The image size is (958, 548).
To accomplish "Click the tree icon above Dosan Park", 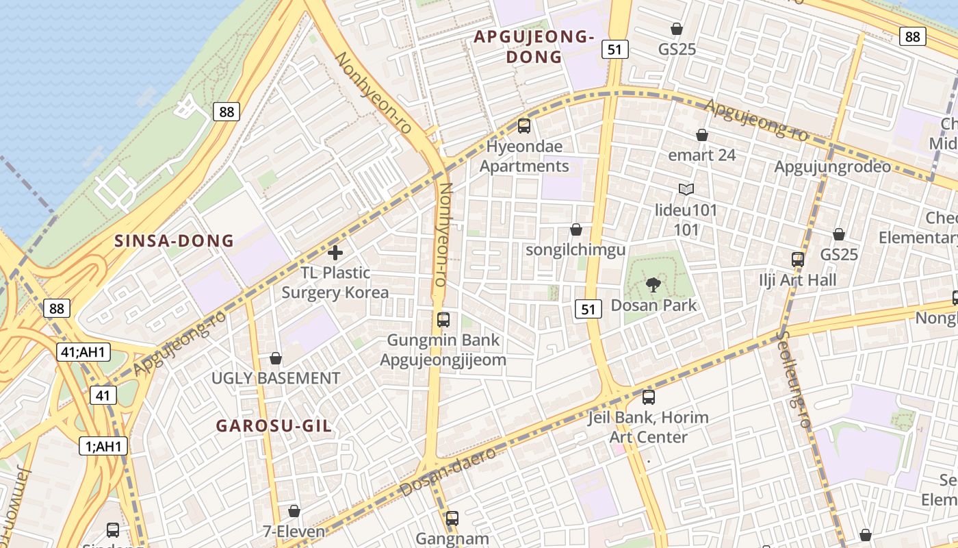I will (x=653, y=284).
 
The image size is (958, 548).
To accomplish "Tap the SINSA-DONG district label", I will (x=174, y=240).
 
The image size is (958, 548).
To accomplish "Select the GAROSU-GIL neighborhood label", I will (x=274, y=425).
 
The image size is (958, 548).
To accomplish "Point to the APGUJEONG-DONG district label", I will (x=534, y=47).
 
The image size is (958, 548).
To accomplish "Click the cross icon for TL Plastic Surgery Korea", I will (x=335, y=253).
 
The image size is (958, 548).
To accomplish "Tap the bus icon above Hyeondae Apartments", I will (x=524, y=125).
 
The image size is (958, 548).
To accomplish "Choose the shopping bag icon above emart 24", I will (x=701, y=135).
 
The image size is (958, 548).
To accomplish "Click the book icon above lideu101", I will (x=686, y=189).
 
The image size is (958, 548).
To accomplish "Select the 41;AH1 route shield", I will (x=83, y=352).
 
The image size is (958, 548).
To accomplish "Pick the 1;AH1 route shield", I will (x=103, y=446).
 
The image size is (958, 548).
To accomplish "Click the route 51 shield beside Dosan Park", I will (x=588, y=309).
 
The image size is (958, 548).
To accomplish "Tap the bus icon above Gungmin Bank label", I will (x=443, y=319).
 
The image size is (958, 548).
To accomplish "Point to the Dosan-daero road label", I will (x=448, y=473).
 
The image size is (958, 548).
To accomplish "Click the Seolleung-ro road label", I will (x=794, y=380).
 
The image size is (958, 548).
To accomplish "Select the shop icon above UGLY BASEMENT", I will (x=275, y=358).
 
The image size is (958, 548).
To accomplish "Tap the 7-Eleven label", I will (x=294, y=530).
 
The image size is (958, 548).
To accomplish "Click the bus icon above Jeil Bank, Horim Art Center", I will (x=649, y=397).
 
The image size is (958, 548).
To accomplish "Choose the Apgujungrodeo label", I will (x=832, y=166).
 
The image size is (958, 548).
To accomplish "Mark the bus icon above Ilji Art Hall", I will (x=798, y=259).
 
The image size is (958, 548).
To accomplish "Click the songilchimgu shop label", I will (x=575, y=250).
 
